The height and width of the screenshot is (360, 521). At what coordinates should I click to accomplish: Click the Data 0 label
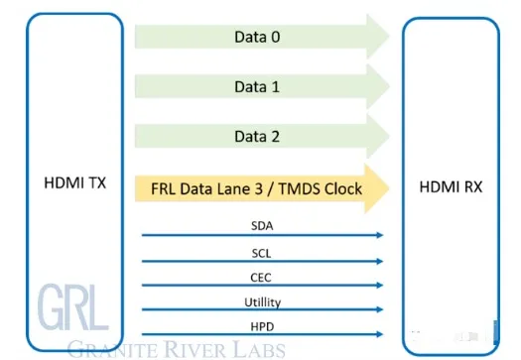pyautogui.click(x=257, y=37)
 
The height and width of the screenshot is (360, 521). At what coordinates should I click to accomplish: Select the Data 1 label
pyautogui.click(x=257, y=86)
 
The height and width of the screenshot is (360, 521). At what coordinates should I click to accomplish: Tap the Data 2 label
pyautogui.click(x=257, y=137)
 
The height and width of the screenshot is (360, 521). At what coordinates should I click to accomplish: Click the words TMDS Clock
pyautogui.click(x=320, y=188)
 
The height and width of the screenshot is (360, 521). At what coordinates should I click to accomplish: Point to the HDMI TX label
pyautogui.click(x=74, y=183)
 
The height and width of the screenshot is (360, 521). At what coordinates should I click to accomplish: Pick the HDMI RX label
pyautogui.click(x=451, y=186)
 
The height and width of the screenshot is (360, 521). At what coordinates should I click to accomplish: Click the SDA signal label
pyautogui.click(x=262, y=226)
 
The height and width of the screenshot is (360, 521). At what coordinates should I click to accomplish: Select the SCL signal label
pyautogui.click(x=262, y=254)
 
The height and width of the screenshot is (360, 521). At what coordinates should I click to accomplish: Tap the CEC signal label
pyautogui.click(x=261, y=278)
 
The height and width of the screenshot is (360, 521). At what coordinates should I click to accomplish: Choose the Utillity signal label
pyautogui.click(x=263, y=302)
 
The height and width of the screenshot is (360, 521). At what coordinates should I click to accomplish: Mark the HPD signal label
pyautogui.click(x=262, y=327)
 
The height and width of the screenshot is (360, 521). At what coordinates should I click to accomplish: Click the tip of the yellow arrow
pyautogui.click(x=389, y=188)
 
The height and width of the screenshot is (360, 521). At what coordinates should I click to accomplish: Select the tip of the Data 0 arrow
pyautogui.click(x=389, y=37)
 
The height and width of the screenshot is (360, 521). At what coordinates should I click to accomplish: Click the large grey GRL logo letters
pyautogui.click(x=73, y=307)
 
